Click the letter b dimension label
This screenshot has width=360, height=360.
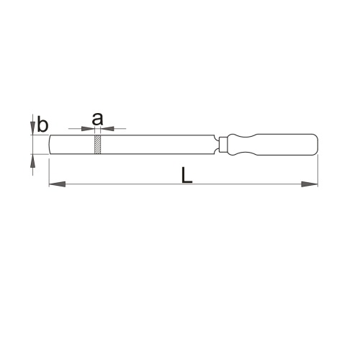(42, 124)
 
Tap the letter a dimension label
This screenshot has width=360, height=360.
(97, 119)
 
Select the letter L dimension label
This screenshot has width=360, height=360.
(186, 175)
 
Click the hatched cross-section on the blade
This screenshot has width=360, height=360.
(97, 144)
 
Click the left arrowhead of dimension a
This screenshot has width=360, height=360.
(88, 129)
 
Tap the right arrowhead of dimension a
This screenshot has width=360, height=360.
(107, 129)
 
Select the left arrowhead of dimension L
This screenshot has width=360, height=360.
(58, 184)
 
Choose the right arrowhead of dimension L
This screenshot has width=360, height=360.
(310, 184)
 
